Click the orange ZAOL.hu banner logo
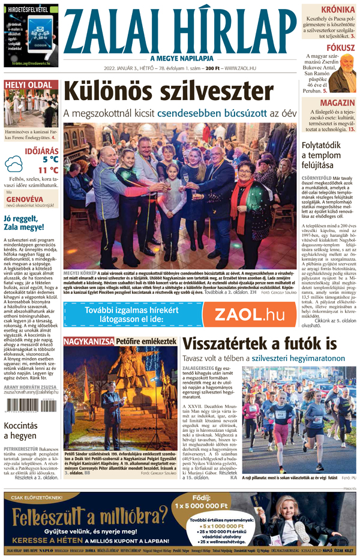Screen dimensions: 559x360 (x=250, y=314)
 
